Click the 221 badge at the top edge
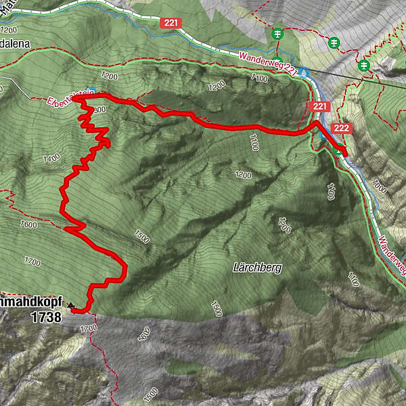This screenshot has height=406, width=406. tap(171, 23)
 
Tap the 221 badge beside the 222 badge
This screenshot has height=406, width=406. tap(319, 107)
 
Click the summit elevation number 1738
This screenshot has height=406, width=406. tap(47, 315)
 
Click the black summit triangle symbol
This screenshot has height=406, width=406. tap(70, 306)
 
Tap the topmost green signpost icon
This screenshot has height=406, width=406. tap(277, 33)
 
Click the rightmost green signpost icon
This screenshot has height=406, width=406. tap(364, 65)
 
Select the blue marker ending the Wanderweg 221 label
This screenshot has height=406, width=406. tap(305, 72)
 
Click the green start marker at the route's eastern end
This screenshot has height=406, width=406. tap(338, 151)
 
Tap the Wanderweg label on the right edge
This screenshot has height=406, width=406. tap(391, 251)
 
